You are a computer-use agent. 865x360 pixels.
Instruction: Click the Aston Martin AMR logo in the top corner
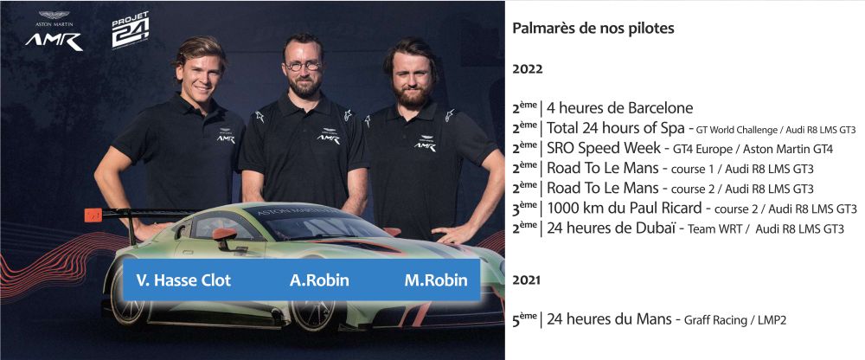[x=54, y=31]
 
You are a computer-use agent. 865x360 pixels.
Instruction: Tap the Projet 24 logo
[x=131, y=29]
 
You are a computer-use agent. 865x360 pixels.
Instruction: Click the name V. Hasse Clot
[x=183, y=280]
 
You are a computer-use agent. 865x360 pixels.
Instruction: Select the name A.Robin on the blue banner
[x=319, y=280]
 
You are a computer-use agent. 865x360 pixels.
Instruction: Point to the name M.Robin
[x=436, y=280]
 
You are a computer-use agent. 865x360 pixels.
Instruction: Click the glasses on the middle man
[x=303, y=66]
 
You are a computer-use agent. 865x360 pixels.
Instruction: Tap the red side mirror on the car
[x=225, y=235]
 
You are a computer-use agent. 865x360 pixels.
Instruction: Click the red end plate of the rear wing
[x=93, y=215]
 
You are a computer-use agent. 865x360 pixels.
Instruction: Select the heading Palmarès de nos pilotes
[x=593, y=29]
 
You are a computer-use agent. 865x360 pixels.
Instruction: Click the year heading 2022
[x=528, y=69]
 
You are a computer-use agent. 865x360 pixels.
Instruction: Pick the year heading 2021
[x=526, y=280]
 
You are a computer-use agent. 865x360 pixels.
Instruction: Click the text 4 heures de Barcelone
[x=619, y=107]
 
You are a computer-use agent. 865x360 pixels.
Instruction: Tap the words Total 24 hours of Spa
[x=616, y=128]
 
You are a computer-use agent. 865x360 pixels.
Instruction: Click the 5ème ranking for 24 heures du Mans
[x=524, y=318]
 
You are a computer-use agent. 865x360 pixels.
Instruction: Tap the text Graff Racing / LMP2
[x=734, y=320]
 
